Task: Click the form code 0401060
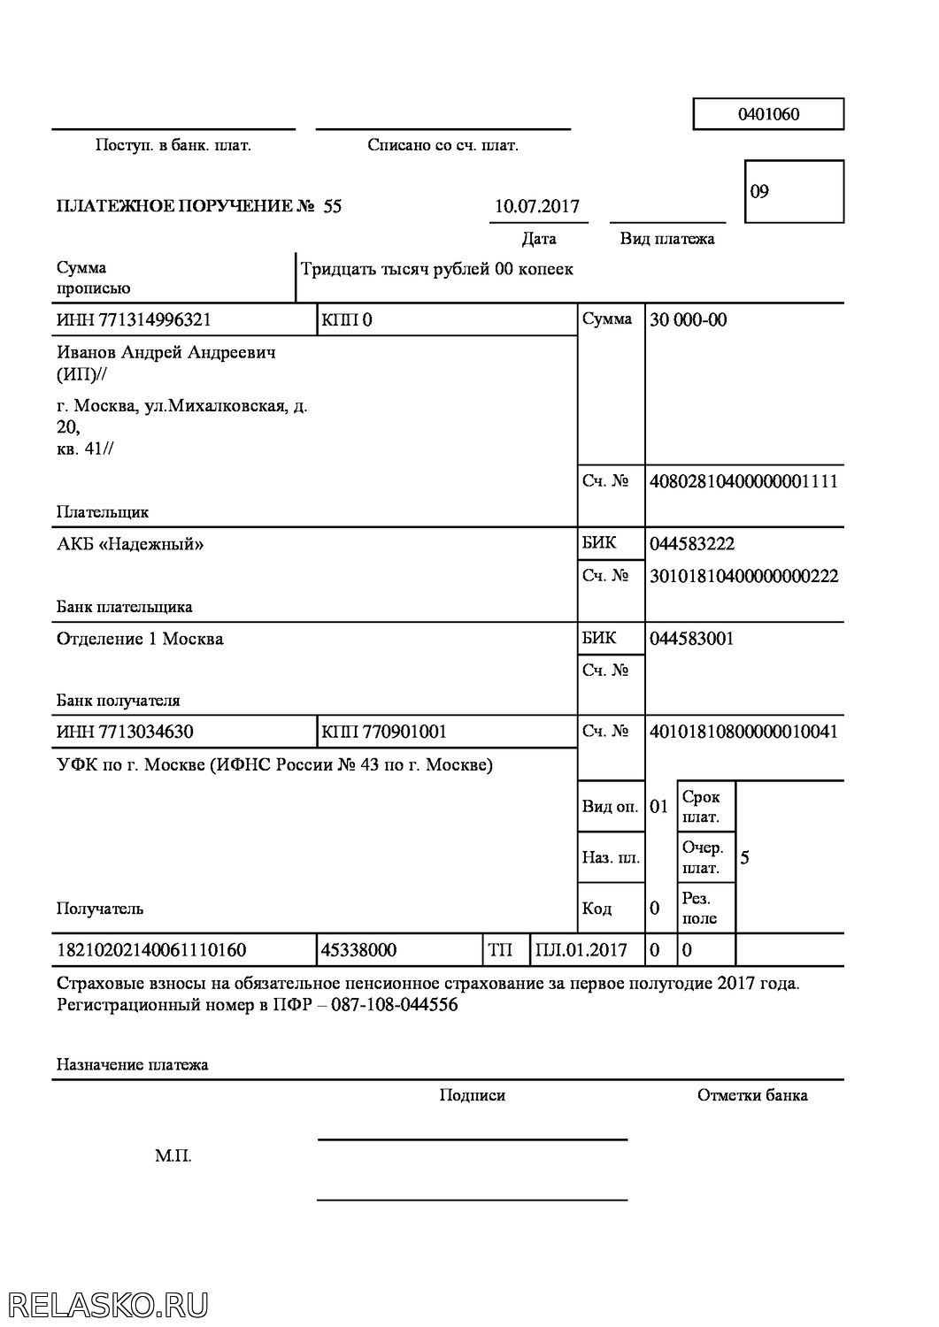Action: [x=767, y=114]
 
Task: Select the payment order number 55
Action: [x=332, y=207]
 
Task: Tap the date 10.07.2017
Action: [x=536, y=207]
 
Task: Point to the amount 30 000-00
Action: [x=688, y=320]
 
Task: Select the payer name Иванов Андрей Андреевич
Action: [x=165, y=353]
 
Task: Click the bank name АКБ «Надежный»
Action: [x=130, y=544]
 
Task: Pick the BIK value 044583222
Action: [x=691, y=544]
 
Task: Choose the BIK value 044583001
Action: [x=691, y=639]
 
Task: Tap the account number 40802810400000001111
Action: [x=743, y=482]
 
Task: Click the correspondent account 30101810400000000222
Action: [x=743, y=577]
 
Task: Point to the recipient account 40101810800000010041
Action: [x=743, y=733]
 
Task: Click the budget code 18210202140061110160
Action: [x=151, y=951]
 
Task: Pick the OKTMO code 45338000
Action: [x=359, y=951]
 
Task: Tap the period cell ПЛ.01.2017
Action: [x=581, y=951]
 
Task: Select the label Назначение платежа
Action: [x=132, y=1065]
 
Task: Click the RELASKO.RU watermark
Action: [x=106, y=1305]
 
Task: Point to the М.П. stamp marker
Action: [x=173, y=1156]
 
